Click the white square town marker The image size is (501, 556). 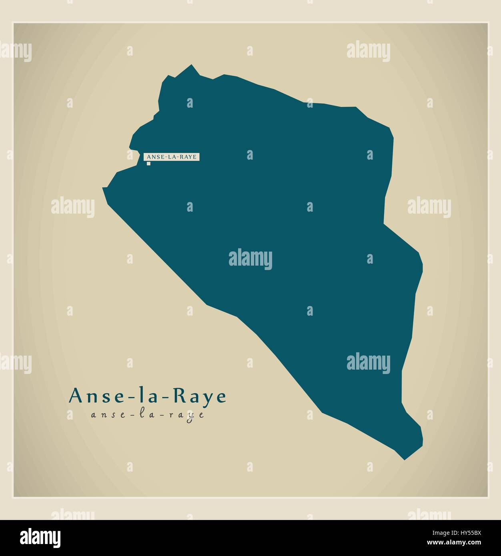pos(148,163)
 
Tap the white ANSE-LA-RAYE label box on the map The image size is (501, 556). pos(172,157)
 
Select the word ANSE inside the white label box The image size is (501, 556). pos(154,157)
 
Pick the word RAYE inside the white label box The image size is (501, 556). pos(188,157)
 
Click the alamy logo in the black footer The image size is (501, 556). pos(40,538)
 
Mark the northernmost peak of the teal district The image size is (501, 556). pos(192,65)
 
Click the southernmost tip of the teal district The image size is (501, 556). pos(405,459)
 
